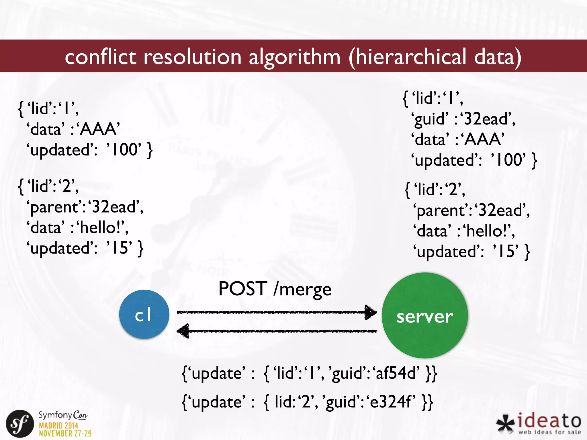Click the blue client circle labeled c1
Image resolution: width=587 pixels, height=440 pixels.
click(144, 314)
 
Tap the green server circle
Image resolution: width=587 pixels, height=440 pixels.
click(424, 315)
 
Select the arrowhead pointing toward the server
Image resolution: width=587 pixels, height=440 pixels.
click(371, 312)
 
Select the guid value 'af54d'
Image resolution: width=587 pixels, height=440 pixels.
click(397, 373)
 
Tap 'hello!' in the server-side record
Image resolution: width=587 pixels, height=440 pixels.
click(487, 231)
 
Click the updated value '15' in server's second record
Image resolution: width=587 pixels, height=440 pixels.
click(506, 251)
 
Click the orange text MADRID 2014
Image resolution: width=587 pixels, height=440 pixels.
click(58, 425)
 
